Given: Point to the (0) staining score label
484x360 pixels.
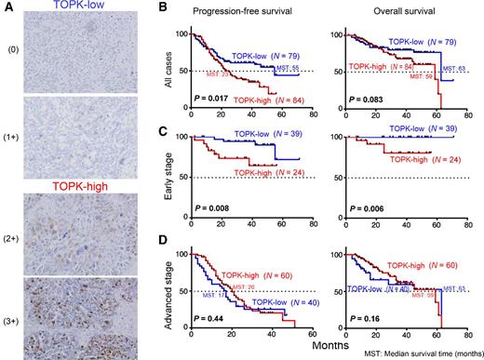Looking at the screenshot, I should (12, 52).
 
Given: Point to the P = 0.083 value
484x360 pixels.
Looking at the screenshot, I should (372, 95).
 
